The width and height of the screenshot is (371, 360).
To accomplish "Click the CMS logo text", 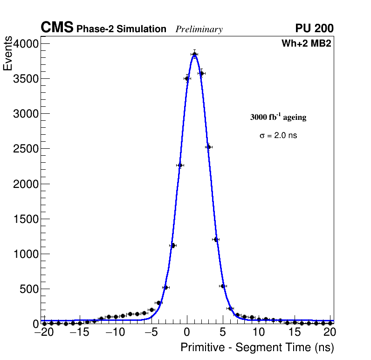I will click(57, 28).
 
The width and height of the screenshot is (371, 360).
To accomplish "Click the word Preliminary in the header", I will click(199, 29).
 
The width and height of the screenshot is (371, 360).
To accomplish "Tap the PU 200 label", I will click(314, 28).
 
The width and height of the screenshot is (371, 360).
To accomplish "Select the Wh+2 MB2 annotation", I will click(306, 44).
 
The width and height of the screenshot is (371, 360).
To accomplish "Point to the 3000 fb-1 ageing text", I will click(278, 117).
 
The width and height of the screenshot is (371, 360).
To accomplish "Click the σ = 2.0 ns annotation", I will click(278, 136).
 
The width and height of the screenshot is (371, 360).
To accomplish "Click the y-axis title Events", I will click(8, 54).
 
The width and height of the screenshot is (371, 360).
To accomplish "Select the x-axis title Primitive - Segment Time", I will click(257, 347).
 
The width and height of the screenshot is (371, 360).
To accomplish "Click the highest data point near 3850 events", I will click(194, 54).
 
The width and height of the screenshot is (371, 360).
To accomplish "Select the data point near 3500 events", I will click(187, 78).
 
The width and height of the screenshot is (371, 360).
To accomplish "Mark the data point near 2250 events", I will click(180, 165).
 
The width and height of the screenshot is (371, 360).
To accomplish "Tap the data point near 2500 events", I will click(208, 147).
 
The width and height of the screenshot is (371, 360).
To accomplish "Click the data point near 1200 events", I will click(216, 240).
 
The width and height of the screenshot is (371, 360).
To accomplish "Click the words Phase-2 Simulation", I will click(121, 29).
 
